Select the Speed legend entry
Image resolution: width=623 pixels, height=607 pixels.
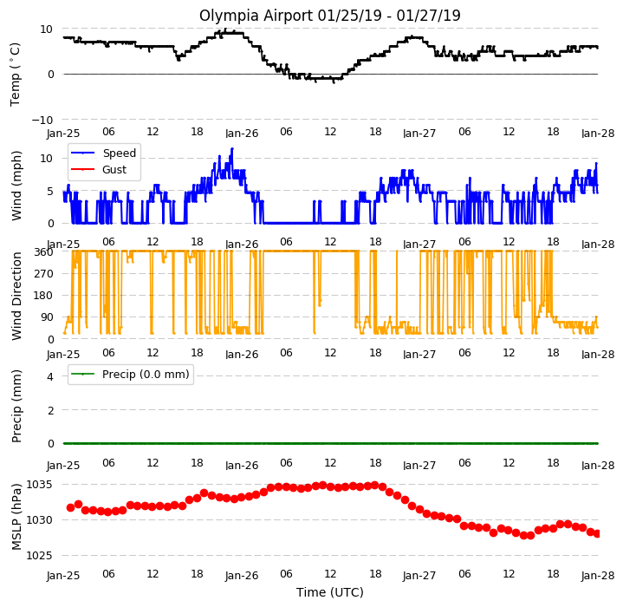pos(103,153)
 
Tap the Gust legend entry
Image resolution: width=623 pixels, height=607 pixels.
pos(99,170)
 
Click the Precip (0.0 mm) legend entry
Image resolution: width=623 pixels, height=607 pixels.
pos(130,375)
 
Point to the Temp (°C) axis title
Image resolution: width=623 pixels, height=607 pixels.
pos(15,75)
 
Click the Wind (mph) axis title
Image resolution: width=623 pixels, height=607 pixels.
pos(16,186)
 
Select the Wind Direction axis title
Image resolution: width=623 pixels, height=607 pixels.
pos(16,297)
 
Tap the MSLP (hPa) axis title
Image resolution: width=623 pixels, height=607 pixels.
pos(16,517)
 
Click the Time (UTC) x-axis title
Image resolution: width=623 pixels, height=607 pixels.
pos(330,592)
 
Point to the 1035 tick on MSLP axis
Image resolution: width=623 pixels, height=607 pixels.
pos(39,485)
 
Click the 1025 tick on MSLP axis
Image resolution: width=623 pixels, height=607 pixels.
pos(39,555)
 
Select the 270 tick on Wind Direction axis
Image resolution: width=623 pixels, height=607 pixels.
pos(44,274)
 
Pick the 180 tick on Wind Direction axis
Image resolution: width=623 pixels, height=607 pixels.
pos(44,296)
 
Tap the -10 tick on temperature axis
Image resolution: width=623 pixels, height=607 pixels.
pos(42,120)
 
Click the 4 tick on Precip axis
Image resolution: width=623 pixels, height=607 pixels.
pos(50,376)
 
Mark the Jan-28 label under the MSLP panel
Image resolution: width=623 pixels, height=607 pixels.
pos(598,576)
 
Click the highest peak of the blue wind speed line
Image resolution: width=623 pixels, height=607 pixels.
pos(232,148)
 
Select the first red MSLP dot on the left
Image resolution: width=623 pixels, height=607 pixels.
pos(71,507)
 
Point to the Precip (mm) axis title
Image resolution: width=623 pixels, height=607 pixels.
pos(16,407)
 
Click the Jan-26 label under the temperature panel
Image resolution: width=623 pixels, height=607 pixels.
pos(242,134)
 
